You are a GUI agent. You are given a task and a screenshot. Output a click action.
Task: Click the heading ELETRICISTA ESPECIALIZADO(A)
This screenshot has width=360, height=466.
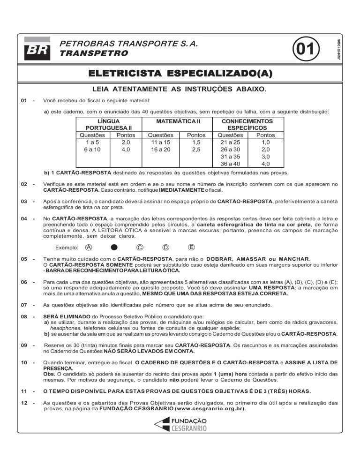pyautogui.click(x=180, y=74)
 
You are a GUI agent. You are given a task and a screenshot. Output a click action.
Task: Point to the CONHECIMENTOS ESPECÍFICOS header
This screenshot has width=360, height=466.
pyautogui.click(x=247, y=124)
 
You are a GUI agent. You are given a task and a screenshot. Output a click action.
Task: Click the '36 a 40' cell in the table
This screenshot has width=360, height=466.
pyautogui.click(x=231, y=164)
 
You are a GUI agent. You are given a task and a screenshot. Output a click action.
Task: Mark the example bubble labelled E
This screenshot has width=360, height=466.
pyautogui.click(x=191, y=247)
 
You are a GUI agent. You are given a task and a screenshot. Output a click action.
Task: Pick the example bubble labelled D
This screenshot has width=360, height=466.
pyautogui.click(x=165, y=247)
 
